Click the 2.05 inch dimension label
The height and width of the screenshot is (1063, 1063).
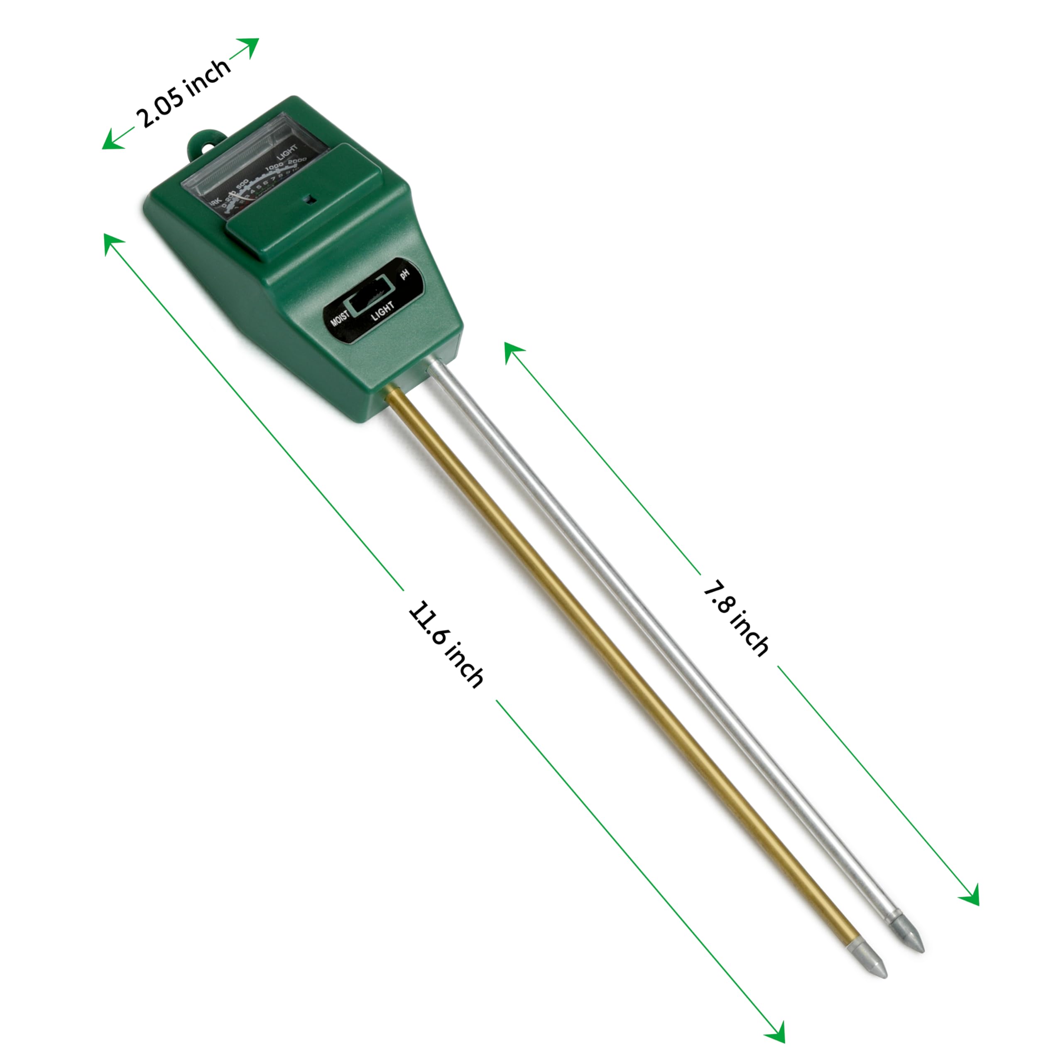point(183,93)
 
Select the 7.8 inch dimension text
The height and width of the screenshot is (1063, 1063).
point(736,618)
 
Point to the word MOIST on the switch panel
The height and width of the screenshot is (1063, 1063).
point(340,320)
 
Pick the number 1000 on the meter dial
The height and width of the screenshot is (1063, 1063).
point(274,169)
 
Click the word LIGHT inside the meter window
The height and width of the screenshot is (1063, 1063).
point(287,152)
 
